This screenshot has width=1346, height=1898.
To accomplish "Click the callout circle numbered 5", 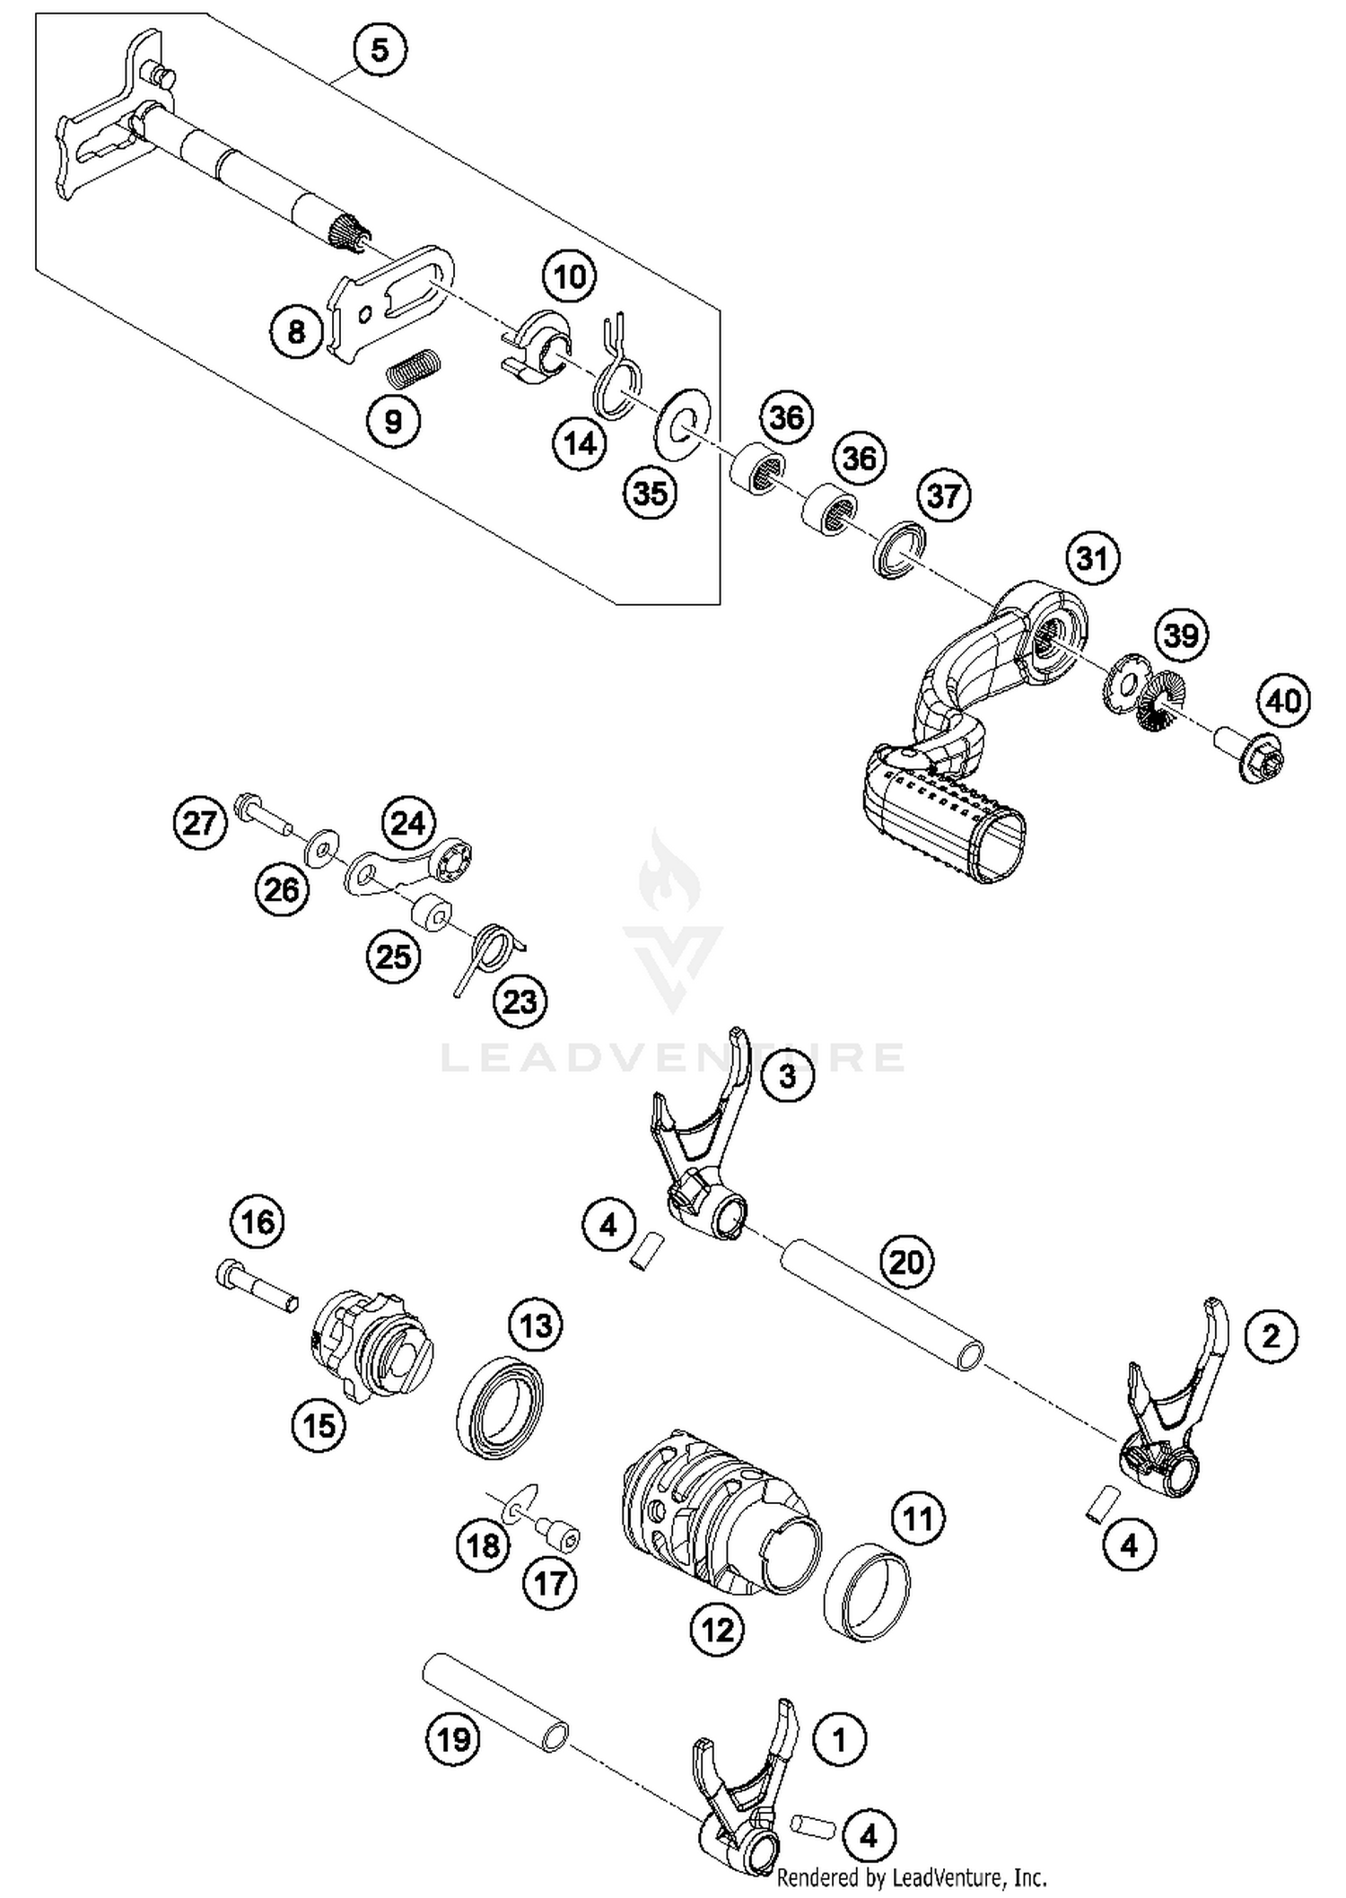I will click(380, 50).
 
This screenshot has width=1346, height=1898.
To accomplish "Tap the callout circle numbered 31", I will click(1092, 558).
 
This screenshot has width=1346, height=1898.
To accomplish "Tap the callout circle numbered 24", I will click(408, 822).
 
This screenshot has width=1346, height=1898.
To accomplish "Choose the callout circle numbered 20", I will click(906, 1262).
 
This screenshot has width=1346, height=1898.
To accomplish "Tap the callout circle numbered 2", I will click(1271, 1336).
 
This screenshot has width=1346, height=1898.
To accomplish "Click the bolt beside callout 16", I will click(257, 1286).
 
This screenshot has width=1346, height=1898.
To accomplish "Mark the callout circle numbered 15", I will click(319, 1425).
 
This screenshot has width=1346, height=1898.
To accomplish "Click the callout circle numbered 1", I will click(839, 1740).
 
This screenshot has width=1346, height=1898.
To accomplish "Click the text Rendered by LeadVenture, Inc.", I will click(911, 1876).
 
